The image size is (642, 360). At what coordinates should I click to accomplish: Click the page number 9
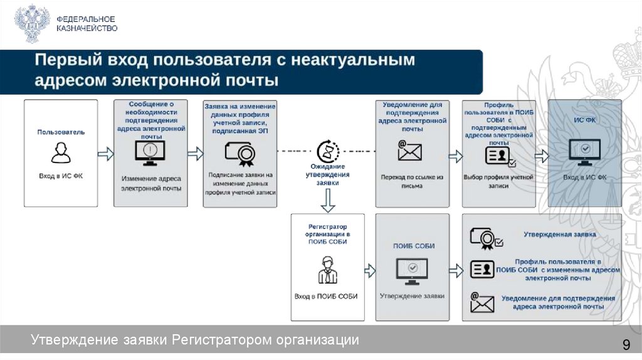pos(625,344)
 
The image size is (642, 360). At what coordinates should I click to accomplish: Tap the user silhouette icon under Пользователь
pos(60,152)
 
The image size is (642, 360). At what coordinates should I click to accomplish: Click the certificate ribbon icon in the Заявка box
pos(239,152)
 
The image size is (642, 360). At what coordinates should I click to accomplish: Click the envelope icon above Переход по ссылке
pos(410,151)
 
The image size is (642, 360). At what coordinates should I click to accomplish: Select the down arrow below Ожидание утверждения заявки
pos(328,201)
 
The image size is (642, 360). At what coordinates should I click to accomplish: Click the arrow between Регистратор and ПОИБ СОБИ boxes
pos(369,270)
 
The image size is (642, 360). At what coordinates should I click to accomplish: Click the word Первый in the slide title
pos(61,61)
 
